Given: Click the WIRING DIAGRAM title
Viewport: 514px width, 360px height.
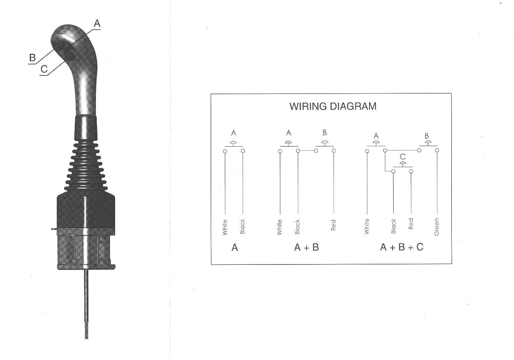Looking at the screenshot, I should (x=333, y=106).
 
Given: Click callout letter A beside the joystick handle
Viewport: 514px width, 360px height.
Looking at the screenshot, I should (x=97, y=23).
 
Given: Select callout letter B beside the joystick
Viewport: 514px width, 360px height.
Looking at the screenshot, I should (x=33, y=58).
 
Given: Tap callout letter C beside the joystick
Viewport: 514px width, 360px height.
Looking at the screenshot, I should (x=44, y=69).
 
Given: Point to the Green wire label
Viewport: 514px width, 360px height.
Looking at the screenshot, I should (x=437, y=227).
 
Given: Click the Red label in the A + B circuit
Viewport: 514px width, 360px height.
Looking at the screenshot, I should (x=333, y=225).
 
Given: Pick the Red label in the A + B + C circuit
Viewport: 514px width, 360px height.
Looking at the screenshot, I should (x=411, y=224).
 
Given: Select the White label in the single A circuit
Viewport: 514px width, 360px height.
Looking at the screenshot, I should (x=225, y=227).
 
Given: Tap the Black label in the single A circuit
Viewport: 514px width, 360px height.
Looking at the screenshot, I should (x=243, y=226).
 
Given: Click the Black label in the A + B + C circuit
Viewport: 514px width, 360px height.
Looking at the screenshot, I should (x=393, y=226).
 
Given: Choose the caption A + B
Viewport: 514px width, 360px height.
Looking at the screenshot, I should (x=306, y=247).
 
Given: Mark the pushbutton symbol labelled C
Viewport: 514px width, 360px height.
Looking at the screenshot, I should (x=403, y=165).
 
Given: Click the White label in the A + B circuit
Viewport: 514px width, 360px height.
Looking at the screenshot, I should (x=280, y=227).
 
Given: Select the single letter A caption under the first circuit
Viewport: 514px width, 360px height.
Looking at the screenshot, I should (x=234, y=247).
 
